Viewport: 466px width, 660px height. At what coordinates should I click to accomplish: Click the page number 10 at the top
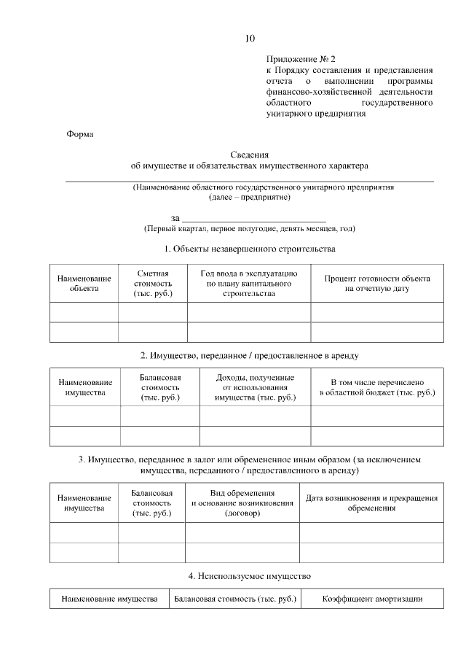[x=250, y=39]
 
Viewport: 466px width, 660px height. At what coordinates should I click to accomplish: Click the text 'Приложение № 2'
[x=301, y=58]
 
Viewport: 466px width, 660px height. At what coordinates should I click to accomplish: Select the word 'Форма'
[x=79, y=134]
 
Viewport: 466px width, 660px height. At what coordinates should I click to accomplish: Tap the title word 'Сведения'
[x=250, y=155]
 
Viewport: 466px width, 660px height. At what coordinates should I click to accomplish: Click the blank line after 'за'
[x=253, y=218]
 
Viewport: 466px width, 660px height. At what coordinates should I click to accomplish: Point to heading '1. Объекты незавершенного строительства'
[x=250, y=249]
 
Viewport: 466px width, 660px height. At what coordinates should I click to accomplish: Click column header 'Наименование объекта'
[x=84, y=284]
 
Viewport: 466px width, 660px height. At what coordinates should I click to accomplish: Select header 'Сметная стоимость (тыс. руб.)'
[x=153, y=283]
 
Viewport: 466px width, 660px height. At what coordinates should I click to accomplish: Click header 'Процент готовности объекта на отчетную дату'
[x=377, y=284]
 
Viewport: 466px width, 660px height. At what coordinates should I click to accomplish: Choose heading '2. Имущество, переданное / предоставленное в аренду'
[x=250, y=355]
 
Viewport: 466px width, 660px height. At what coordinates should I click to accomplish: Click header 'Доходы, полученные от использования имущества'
[x=255, y=387]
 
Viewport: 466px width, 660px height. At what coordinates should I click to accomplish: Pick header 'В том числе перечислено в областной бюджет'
[x=377, y=387]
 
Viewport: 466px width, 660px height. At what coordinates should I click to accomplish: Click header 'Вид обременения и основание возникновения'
[x=242, y=502]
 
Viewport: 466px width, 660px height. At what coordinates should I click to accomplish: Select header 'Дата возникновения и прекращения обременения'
[x=371, y=502]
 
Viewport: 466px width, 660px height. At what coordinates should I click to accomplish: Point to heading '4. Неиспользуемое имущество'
[x=250, y=576]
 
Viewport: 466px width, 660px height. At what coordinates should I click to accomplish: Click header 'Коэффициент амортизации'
[x=372, y=599]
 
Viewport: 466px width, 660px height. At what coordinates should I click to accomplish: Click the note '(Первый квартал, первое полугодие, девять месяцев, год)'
[x=250, y=229]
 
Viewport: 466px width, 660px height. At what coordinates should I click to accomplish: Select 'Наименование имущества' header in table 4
[x=109, y=599]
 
